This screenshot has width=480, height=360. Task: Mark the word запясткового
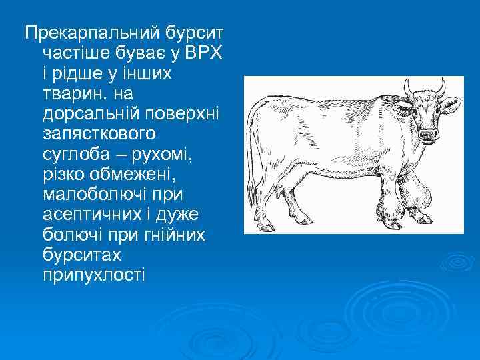click(99, 133)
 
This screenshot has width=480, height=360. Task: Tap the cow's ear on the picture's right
click(453, 103)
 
